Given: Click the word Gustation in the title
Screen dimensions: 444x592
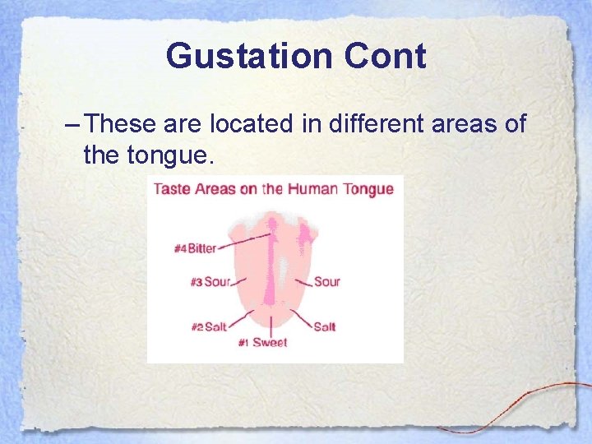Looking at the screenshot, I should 250,57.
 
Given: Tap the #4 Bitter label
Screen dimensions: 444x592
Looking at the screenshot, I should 196,247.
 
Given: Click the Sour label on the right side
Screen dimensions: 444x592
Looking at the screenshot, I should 326,282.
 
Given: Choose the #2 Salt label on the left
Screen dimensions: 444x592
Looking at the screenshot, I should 209,326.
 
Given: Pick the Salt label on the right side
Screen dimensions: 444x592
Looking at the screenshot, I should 324,326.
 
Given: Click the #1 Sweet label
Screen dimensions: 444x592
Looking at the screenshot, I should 262,342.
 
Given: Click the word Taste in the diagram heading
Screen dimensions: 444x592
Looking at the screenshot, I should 172,189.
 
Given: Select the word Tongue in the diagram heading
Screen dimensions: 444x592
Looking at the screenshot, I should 368,189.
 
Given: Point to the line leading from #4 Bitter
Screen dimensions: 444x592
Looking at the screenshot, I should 245,239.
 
